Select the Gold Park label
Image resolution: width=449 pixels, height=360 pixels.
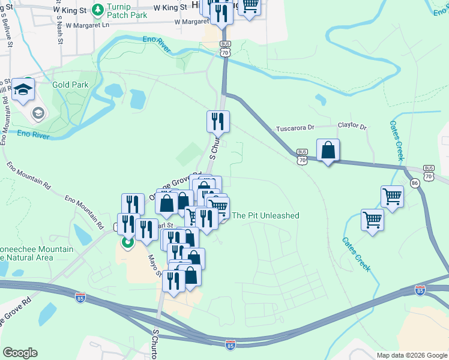point(70,85)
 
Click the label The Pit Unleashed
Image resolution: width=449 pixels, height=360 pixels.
point(265,215)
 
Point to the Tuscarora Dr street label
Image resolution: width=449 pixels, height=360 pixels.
point(295,128)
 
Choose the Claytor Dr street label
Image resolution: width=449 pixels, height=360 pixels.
point(352,127)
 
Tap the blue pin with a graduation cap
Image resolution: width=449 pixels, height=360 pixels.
point(23,89)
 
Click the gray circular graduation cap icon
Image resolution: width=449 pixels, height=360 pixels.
point(37,113)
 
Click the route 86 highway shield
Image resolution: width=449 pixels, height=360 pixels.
point(414,182)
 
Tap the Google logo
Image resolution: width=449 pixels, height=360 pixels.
point(20,353)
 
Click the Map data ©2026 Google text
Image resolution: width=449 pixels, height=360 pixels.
point(411,355)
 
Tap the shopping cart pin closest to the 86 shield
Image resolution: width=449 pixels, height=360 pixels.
point(392,196)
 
